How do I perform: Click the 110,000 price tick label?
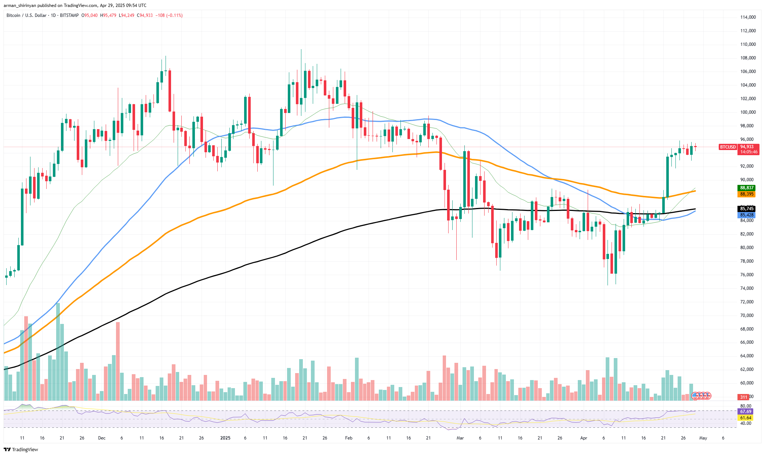(x=748, y=44)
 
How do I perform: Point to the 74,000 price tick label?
(x=748, y=288)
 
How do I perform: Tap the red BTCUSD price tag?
(x=728, y=147)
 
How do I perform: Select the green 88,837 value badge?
(x=747, y=188)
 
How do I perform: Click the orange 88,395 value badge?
(x=747, y=194)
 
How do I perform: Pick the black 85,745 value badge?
(x=747, y=209)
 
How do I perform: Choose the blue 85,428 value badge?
(x=747, y=215)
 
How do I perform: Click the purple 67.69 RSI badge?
(x=746, y=412)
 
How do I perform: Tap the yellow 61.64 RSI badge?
(x=746, y=418)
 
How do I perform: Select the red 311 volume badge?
(x=744, y=397)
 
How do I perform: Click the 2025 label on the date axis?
(x=225, y=438)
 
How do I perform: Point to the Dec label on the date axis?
(x=102, y=438)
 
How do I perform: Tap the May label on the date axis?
(x=703, y=438)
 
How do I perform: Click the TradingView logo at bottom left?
(x=21, y=449)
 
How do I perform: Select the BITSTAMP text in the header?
(x=69, y=15)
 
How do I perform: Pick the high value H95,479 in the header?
(x=108, y=15)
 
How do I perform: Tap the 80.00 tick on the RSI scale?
(x=746, y=406)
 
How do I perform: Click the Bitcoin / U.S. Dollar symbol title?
(x=26, y=15)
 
